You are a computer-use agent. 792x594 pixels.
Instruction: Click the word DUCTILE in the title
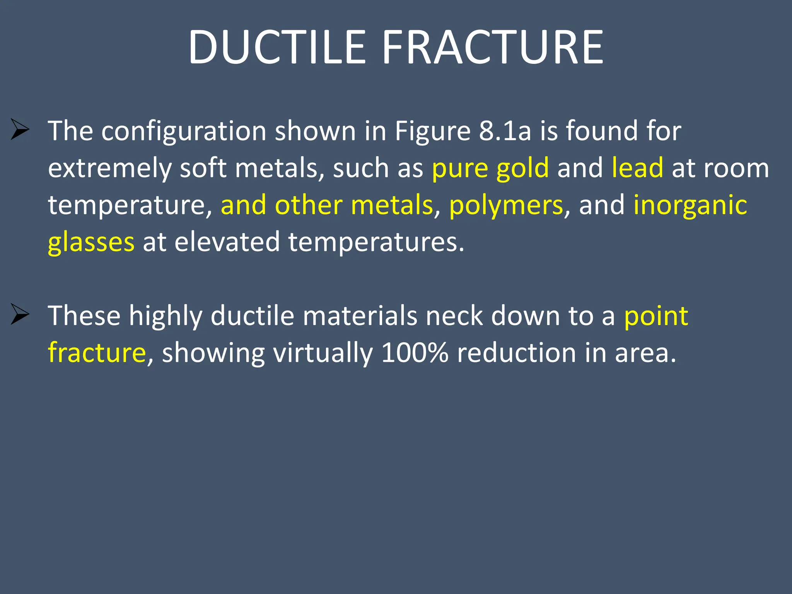pyautogui.click(x=277, y=48)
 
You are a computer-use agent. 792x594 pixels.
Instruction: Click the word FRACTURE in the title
pyautogui.click(x=493, y=48)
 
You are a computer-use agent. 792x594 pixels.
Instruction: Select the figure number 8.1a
pyautogui.click(x=505, y=131)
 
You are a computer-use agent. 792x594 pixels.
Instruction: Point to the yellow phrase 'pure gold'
pyautogui.click(x=490, y=169)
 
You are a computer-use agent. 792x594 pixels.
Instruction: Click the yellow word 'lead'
pyautogui.click(x=637, y=168)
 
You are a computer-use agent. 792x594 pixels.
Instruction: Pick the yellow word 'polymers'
pyautogui.click(x=506, y=206)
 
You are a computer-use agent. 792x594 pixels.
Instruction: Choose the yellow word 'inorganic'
pyautogui.click(x=690, y=206)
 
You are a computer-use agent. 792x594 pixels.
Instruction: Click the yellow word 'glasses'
pyautogui.click(x=91, y=243)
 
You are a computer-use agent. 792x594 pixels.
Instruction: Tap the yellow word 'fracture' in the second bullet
pyautogui.click(x=97, y=352)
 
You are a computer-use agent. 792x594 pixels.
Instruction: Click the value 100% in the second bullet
pyautogui.click(x=415, y=352)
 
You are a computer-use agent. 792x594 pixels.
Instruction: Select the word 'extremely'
pyautogui.click(x=110, y=169)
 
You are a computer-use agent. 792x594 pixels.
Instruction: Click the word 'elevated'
pyautogui.click(x=227, y=242)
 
